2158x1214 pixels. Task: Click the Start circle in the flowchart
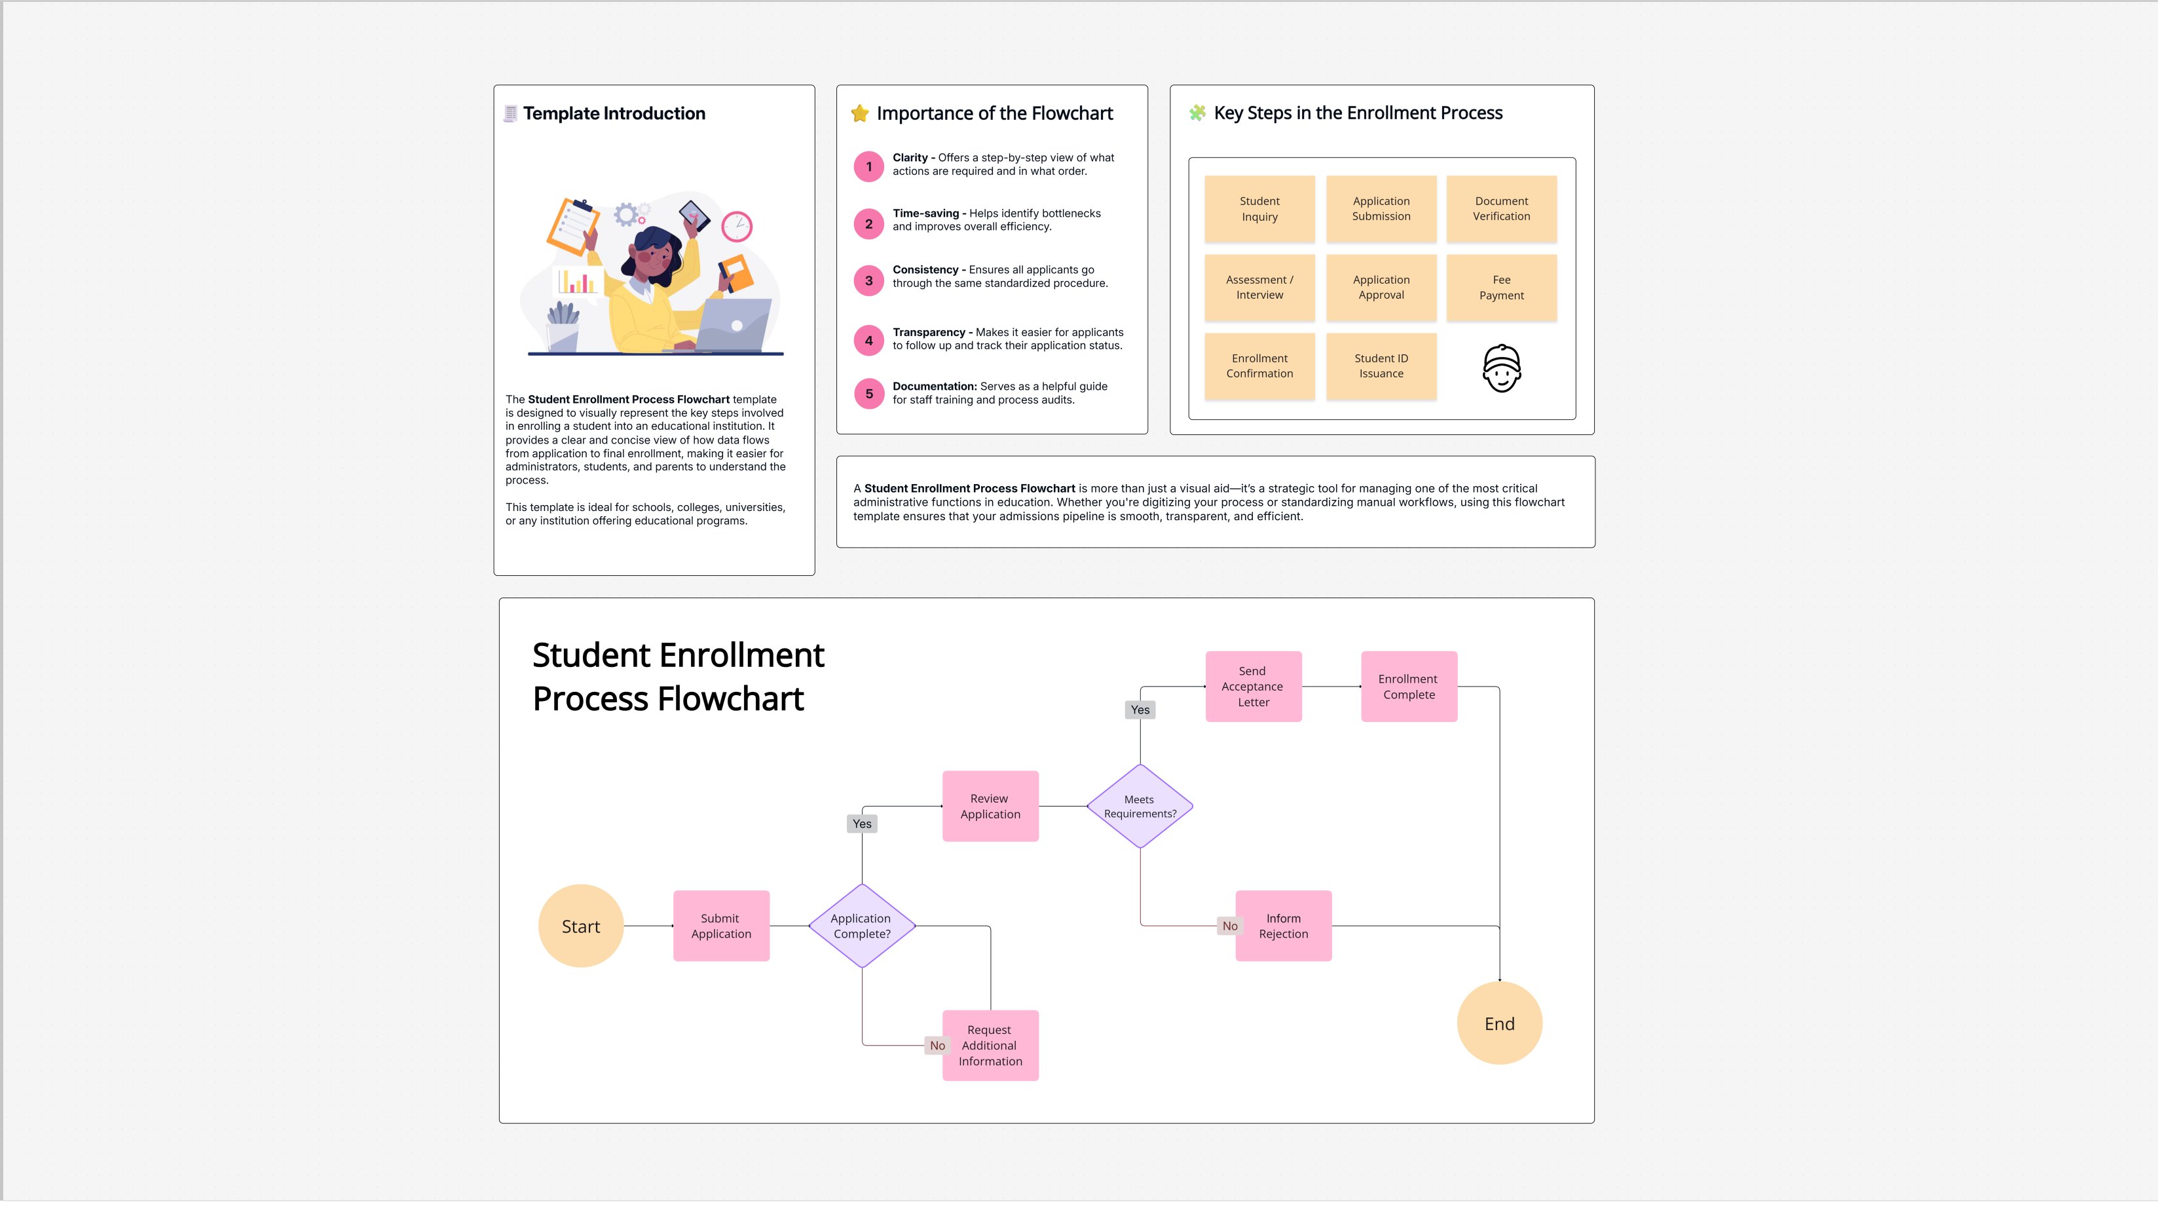(580, 926)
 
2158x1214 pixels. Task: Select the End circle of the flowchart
(1498, 1023)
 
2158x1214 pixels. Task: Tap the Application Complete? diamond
(861, 926)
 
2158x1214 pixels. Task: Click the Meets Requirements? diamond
(1140, 806)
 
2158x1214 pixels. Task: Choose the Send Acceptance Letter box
(1252, 686)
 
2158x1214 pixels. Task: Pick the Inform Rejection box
(1282, 926)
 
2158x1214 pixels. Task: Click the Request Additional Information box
(990, 1045)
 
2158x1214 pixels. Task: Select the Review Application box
(990, 806)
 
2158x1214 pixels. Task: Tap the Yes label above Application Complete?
(862, 824)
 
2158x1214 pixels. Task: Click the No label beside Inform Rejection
(1229, 926)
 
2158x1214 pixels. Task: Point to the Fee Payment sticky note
(1500, 288)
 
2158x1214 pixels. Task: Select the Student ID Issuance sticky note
(1381, 366)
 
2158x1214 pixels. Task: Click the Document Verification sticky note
(1500, 208)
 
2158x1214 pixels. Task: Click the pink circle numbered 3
(868, 280)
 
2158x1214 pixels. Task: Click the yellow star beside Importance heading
(859, 113)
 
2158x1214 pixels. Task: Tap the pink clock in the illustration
(736, 226)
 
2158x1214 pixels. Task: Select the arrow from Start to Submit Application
(648, 926)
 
